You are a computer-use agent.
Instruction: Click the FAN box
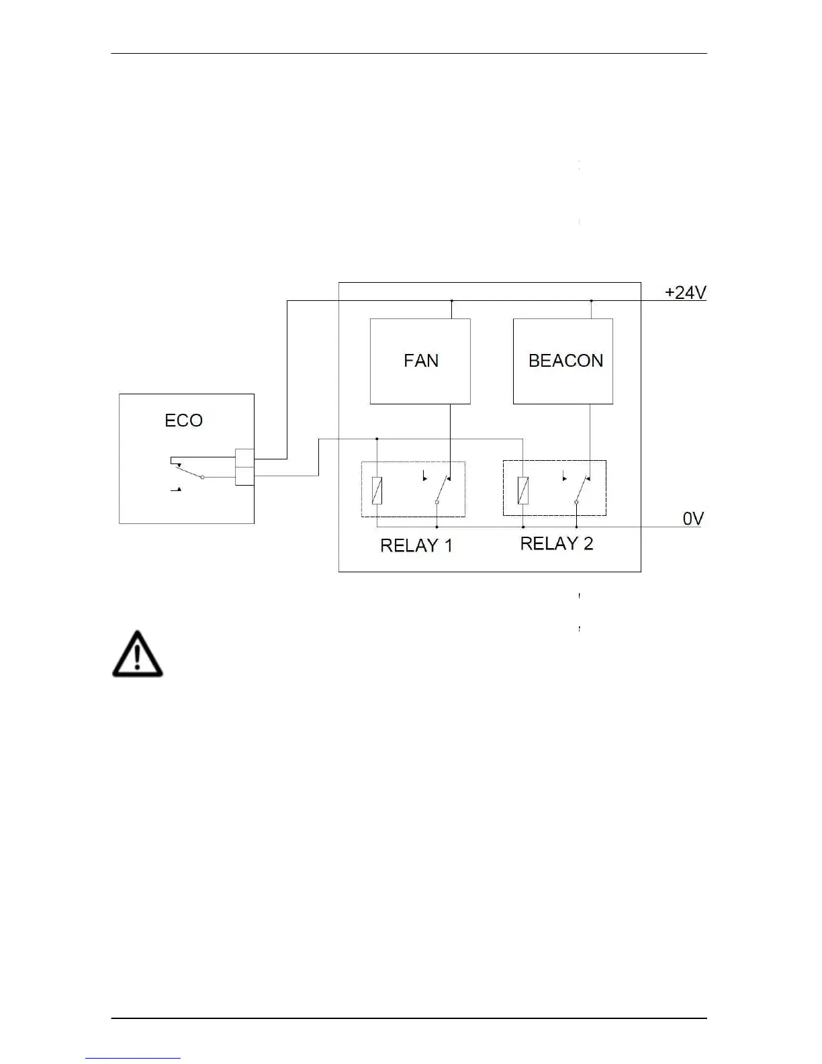(x=420, y=361)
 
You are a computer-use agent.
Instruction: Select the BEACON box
(x=563, y=361)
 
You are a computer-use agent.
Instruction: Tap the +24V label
(x=686, y=293)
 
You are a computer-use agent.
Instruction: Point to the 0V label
(x=693, y=519)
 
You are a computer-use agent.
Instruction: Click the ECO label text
(x=183, y=420)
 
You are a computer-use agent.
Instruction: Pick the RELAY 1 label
(x=416, y=545)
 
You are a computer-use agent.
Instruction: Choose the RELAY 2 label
(x=557, y=543)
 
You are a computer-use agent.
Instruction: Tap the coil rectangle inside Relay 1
(x=377, y=490)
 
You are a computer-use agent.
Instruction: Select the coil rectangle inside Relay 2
(x=522, y=490)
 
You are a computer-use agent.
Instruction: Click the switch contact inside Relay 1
(x=443, y=490)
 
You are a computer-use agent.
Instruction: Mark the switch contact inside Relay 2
(x=582, y=490)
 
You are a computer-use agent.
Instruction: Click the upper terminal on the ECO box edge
(x=244, y=458)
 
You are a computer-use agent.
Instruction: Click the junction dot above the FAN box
(x=451, y=300)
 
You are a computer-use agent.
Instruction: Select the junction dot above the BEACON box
(x=591, y=300)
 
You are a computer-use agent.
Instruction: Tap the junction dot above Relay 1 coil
(x=377, y=439)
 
